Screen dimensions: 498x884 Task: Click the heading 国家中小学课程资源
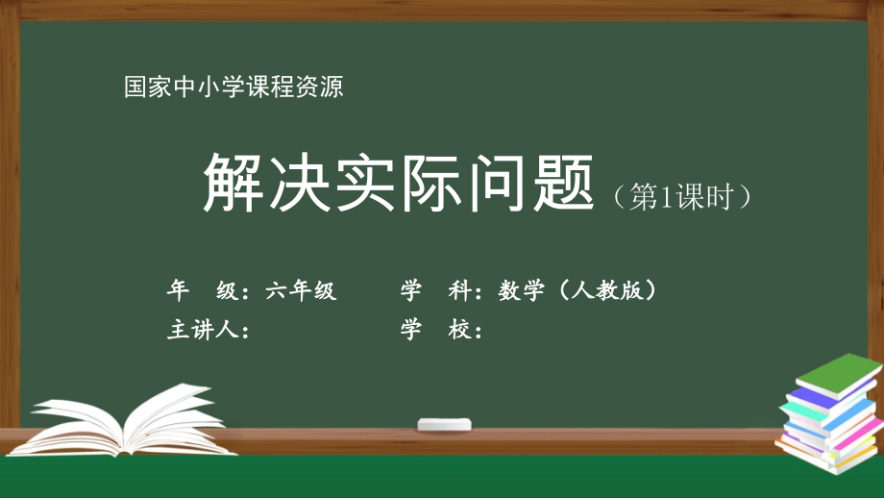233,87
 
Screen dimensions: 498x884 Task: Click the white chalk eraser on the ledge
444,424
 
